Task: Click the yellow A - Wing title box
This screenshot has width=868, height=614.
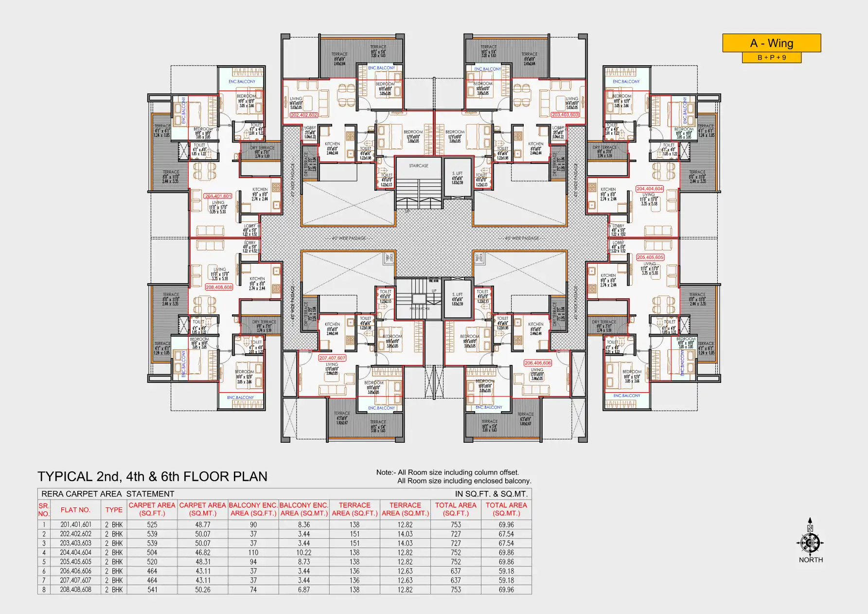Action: point(771,43)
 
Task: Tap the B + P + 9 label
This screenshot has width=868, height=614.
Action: point(771,58)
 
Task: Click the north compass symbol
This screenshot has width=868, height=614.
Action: point(810,542)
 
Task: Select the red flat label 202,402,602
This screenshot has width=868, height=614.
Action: point(304,115)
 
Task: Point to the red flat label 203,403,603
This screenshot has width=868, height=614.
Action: point(565,115)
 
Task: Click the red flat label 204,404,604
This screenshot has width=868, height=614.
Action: point(650,189)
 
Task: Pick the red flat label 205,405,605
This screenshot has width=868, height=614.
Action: point(650,257)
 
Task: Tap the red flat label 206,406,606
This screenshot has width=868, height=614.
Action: point(538,363)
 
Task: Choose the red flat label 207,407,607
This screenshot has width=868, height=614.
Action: point(333,358)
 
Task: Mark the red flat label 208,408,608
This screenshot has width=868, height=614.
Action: point(219,288)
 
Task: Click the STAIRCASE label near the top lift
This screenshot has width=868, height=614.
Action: point(419,166)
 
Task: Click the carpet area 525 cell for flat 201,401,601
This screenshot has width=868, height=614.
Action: point(152,525)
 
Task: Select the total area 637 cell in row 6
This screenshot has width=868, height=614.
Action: point(456,571)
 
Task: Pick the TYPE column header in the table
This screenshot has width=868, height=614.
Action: point(114,510)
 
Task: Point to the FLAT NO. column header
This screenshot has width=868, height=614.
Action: point(75,510)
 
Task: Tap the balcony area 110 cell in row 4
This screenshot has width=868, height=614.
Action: point(253,553)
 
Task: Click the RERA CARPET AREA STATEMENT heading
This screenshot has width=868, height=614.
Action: point(108,494)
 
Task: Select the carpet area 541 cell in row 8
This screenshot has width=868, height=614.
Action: point(152,590)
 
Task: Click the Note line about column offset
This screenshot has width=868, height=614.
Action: point(447,472)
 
